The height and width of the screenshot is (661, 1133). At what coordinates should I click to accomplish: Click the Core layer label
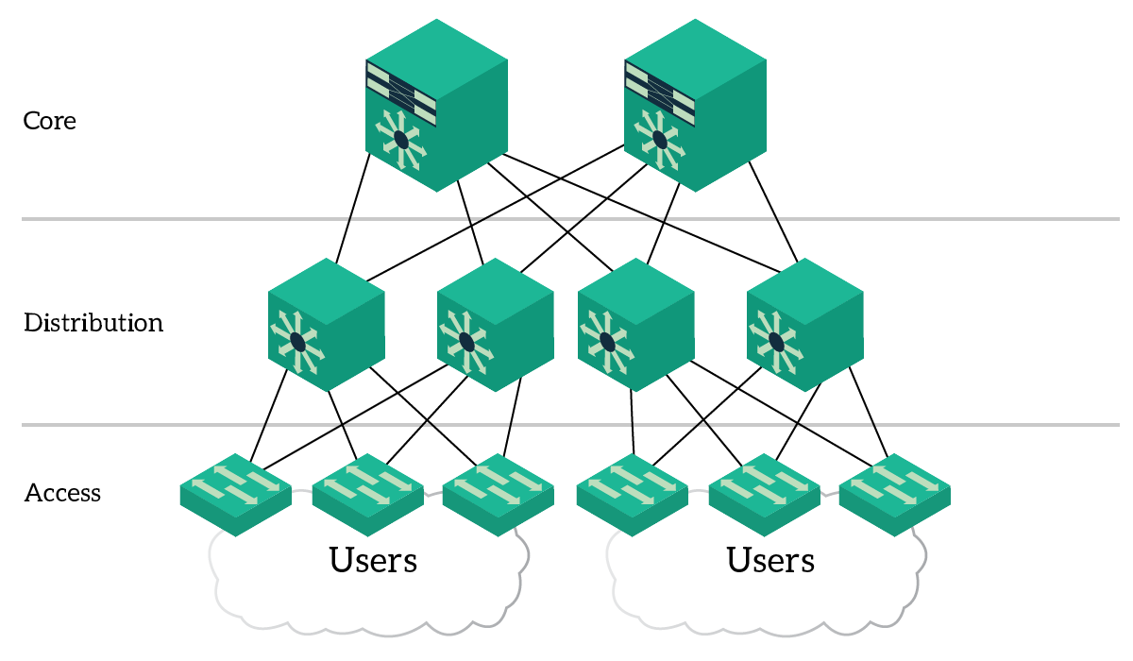tap(49, 121)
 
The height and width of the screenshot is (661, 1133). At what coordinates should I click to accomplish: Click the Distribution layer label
tap(93, 323)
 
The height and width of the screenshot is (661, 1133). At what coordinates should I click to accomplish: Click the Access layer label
tap(62, 493)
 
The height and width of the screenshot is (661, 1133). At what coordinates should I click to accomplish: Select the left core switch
tap(436, 106)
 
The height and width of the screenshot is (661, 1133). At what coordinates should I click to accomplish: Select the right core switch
tap(696, 106)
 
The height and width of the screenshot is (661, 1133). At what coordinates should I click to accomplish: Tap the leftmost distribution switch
tap(327, 325)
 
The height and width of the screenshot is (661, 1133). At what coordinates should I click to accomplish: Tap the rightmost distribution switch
tap(805, 325)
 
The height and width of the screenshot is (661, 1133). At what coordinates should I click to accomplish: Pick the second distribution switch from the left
tap(496, 325)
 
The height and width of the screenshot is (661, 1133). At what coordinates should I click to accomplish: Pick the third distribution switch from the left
tap(636, 325)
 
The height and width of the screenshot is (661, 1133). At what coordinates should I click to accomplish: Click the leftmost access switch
tap(236, 495)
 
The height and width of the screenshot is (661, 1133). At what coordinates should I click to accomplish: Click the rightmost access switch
tap(895, 495)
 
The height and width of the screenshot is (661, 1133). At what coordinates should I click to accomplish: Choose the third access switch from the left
tap(499, 495)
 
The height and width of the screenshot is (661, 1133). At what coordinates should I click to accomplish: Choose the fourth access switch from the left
tap(633, 495)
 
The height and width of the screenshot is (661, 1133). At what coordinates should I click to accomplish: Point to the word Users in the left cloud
tap(373, 560)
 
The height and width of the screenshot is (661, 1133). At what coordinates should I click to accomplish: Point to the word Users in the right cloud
tap(770, 560)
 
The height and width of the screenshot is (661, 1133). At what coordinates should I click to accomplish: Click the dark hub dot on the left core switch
tap(401, 140)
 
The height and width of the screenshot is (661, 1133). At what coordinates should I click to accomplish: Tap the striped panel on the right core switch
tap(660, 93)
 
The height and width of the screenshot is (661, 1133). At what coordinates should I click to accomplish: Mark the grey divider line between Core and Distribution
tap(570, 219)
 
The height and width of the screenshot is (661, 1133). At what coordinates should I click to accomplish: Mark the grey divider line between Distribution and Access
tap(570, 425)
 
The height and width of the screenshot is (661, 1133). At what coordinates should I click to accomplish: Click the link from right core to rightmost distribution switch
tap(773, 212)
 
